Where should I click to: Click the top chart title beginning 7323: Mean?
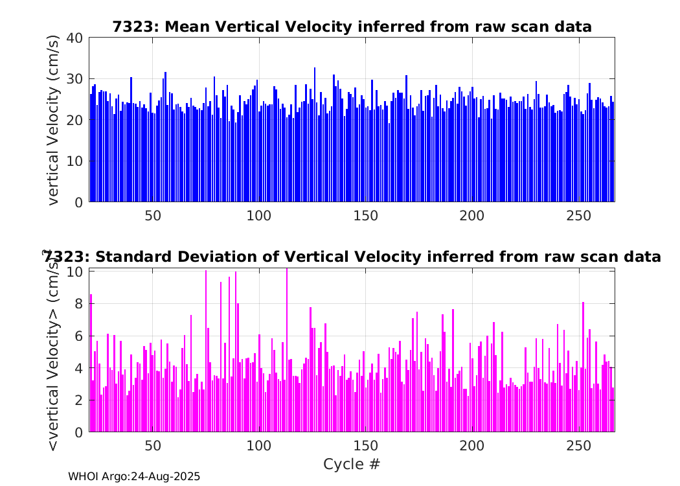pos(352,27)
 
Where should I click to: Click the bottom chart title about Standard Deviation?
pos(352,257)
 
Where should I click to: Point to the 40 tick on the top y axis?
pos(74,38)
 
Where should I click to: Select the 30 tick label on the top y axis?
pos(74,79)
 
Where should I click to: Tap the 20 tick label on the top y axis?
pos(74,120)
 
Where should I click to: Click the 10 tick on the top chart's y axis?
pos(74,161)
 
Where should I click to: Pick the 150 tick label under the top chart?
pos(365,215)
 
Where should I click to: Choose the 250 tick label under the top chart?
pos(578,215)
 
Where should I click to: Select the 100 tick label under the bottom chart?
pos(259,446)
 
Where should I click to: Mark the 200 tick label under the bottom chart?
pos(472,446)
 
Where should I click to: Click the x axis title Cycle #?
pos(352,464)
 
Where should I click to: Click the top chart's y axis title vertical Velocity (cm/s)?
pos(53,120)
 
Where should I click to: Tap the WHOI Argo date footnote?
pos(134,476)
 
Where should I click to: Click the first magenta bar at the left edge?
pos(91,363)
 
